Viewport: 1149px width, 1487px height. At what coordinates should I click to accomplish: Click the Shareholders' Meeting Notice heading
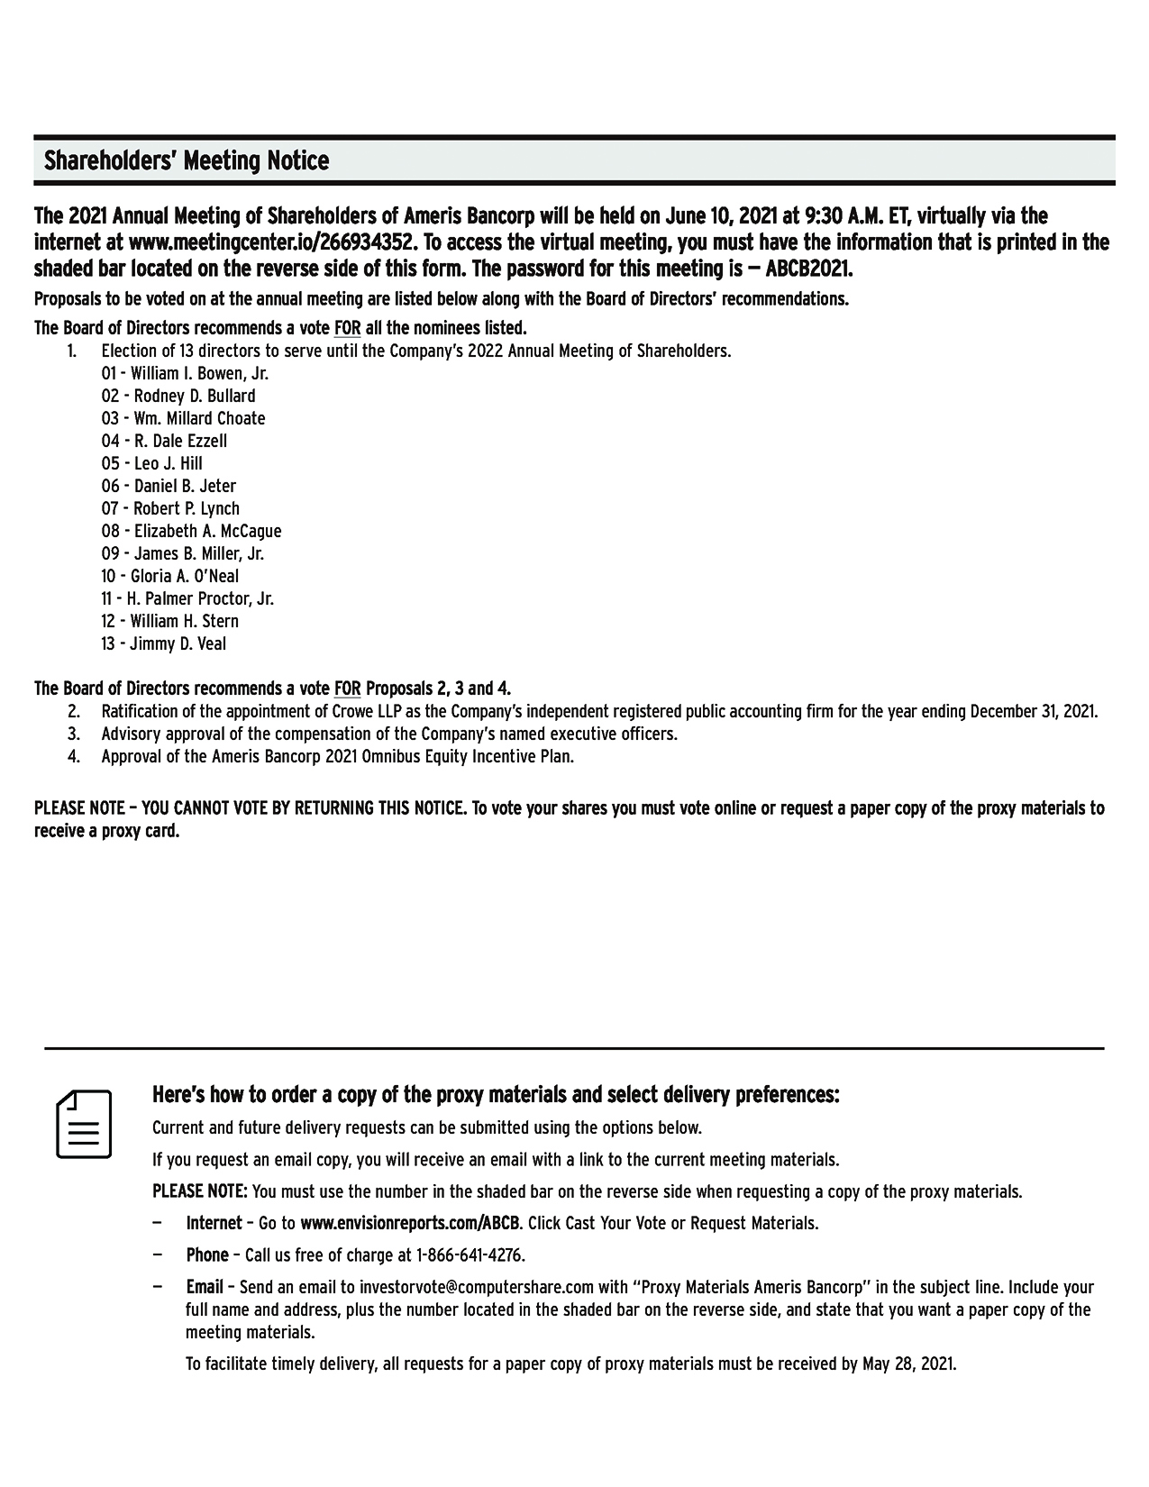(x=187, y=161)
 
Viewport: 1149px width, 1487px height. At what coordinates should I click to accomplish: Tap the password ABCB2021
(x=808, y=269)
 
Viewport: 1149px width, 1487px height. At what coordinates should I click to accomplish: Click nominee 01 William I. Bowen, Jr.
(x=185, y=373)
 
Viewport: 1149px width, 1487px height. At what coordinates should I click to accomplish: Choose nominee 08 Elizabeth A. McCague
(x=191, y=531)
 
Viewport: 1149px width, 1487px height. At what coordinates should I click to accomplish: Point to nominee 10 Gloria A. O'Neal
(x=170, y=576)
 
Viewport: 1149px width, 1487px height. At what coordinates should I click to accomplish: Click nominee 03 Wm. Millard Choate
(x=183, y=418)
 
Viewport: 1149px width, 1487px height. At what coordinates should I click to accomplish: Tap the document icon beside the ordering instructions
(x=84, y=1124)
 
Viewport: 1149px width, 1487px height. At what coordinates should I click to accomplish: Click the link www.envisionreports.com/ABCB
(x=410, y=1223)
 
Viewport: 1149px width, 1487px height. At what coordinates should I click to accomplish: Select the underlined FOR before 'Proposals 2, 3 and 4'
(x=347, y=689)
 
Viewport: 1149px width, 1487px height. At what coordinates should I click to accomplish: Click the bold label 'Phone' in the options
(x=207, y=1254)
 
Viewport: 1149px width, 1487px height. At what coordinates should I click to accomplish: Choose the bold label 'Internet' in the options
(x=214, y=1223)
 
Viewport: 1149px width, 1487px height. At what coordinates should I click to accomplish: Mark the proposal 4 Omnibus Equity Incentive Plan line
(x=337, y=756)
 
